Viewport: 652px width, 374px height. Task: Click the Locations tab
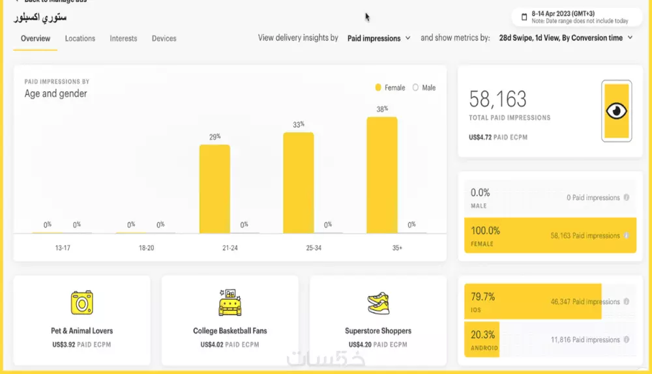pyautogui.click(x=80, y=38)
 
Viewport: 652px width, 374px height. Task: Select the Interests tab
pyautogui.click(x=123, y=38)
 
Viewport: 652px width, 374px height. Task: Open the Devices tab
pyautogui.click(x=164, y=38)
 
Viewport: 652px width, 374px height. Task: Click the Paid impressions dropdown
pyautogui.click(x=379, y=38)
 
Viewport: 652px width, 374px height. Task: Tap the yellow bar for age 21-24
pyautogui.click(x=215, y=189)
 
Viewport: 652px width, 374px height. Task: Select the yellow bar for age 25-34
pyautogui.click(x=298, y=183)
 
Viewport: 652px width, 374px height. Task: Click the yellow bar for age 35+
pyautogui.click(x=382, y=175)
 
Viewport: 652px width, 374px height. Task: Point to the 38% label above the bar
pyautogui.click(x=382, y=109)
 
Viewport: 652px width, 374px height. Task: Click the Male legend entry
pyautogui.click(x=424, y=88)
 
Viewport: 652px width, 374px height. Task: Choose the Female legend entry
pyautogui.click(x=390, y=88)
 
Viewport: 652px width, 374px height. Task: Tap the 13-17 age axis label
pyautogui.click(x=63, y=248)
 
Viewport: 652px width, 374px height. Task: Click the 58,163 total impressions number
pyautogui.click(x=498, y=99)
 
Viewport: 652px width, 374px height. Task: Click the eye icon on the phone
pyautogui.click(x=616, y=111)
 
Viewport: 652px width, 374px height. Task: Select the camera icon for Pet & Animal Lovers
pyautogui.click(x=82, y=303)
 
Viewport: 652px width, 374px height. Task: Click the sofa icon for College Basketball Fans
pyautogui.click(x=230, y=303)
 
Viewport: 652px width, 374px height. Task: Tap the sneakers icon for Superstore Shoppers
pyautogui.click(x=378, y=303)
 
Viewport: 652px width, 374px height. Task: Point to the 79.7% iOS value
pyautogui.click(x=483, y=296)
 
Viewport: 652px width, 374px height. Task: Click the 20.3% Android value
pyautogui.click(x=483, y=334)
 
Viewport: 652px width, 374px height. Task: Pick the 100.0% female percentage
pyautogui.click(x=486, y=231)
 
